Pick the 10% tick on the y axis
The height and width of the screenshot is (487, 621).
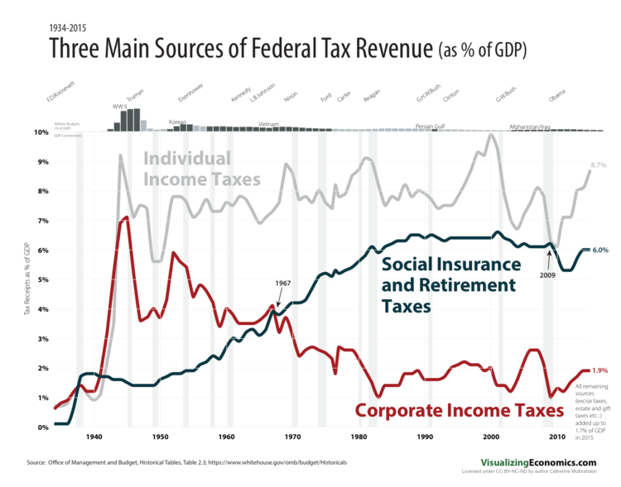click(40, 132)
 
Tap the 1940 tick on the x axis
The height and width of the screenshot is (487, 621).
click(93, 437)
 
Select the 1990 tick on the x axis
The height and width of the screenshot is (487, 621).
click(425, 437)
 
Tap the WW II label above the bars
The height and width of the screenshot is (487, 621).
click(118, 107)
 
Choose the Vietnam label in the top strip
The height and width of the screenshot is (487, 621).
click(269, 124)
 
